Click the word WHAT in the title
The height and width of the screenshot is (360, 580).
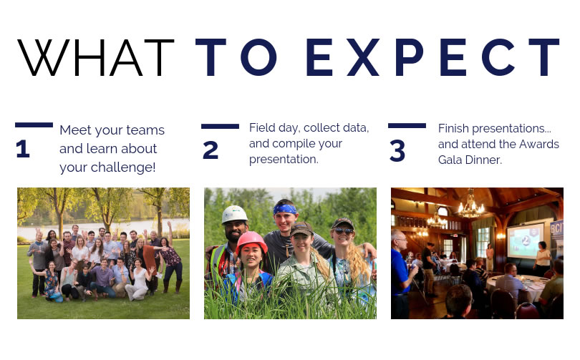tap(96, 57)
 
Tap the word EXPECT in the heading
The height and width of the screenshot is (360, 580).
tap(432, 57)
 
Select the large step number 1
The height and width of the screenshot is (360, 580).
tap(23, 149)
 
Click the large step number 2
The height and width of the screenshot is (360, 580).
tap(211, 150)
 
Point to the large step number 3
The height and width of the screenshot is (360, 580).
tap(397, 151)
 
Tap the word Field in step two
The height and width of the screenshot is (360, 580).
tap(262, 127)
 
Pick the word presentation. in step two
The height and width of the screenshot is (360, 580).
tap(284, 160)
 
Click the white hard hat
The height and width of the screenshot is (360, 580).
tap(235, 214)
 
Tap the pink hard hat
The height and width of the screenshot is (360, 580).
tap(251, 241)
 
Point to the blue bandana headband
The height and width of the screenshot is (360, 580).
tap(285, 209)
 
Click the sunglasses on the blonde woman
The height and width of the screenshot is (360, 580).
tap(344, 231)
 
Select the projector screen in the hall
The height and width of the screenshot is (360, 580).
tap(526, 241)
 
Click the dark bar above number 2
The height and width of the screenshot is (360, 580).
tap(220, 127)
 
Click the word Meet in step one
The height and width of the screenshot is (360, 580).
tap(75, 130)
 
